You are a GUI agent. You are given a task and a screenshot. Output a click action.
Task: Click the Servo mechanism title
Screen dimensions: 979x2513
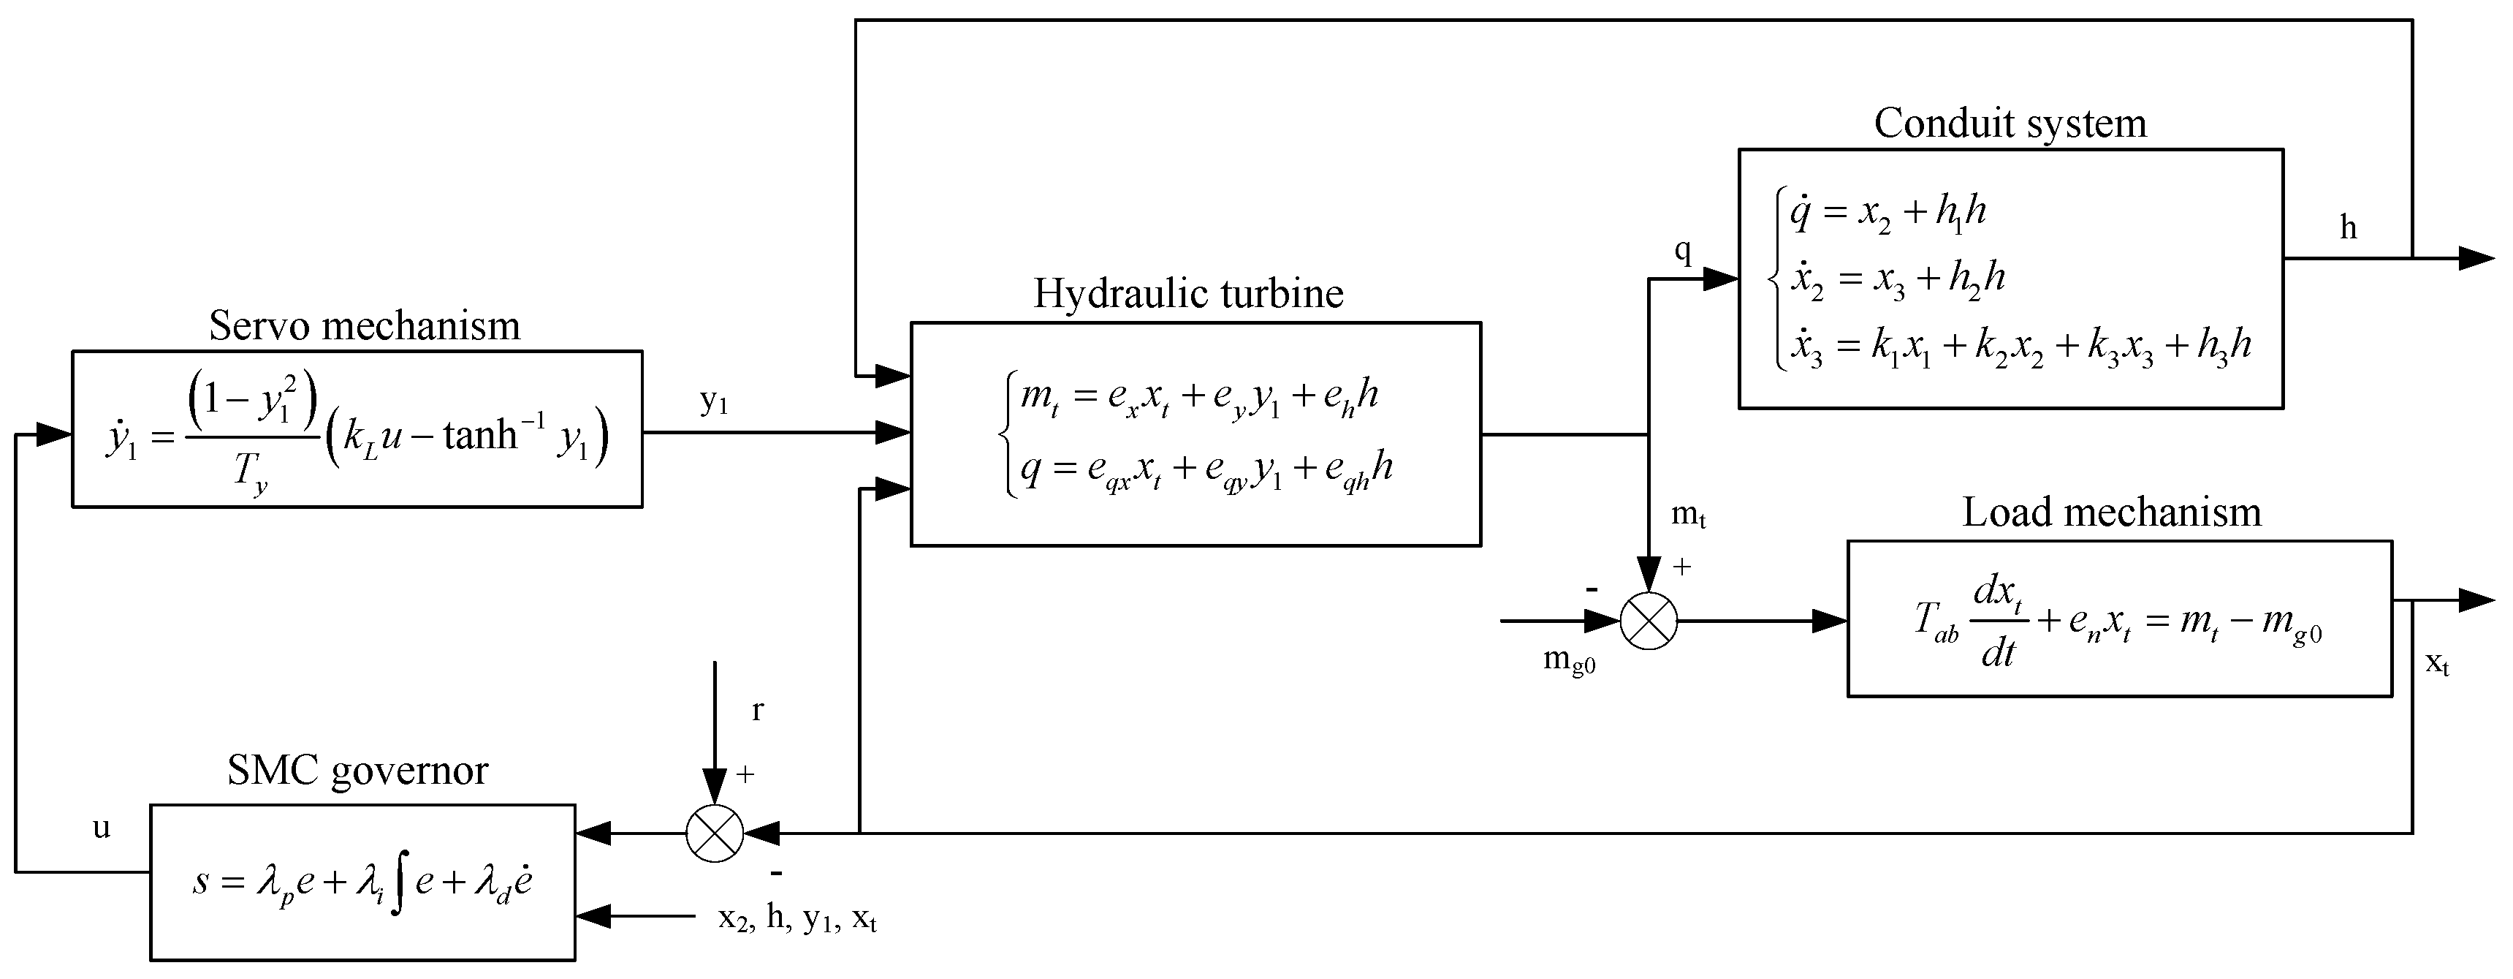pos(364,325)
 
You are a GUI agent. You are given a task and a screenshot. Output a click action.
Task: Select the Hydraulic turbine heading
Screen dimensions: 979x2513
pos(1187,292)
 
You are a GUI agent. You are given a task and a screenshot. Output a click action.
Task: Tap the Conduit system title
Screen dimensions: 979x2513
pos(2010,123)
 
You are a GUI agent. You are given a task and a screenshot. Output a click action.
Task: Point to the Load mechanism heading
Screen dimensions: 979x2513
pos(2111,513)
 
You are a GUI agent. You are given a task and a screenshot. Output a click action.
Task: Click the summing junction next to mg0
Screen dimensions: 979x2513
pos(1649,621)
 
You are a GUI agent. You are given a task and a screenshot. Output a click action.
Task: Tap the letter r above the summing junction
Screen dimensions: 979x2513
pos(757,711)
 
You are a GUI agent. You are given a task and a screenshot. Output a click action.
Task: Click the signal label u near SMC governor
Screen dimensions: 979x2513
pos(101,828)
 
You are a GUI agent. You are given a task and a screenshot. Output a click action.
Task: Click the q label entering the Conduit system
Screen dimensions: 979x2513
pos(1682,250)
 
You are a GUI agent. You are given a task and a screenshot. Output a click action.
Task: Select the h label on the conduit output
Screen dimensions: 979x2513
pos(2348,227)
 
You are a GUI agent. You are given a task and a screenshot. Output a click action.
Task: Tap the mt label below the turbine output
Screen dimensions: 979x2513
pos(1689,515)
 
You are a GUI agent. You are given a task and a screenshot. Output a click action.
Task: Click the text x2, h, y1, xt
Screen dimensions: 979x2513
pos(797,918)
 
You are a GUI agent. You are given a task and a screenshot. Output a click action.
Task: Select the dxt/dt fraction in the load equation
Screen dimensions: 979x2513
pos(1997,621)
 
